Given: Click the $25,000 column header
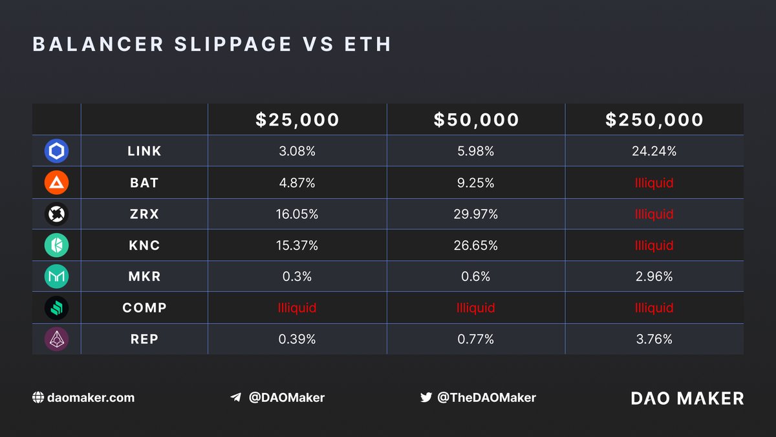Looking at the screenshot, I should (x=297, y=120).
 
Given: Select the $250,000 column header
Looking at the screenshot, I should (x=654, y=120).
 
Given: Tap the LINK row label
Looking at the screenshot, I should (x=144, y=151).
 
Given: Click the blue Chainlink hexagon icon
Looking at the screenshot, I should (x=56, y=151).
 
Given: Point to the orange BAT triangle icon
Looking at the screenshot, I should (x=56, y=183).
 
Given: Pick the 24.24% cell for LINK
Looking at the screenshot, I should (x=654, y=151).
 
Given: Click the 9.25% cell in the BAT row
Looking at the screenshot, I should (x=476, y=183).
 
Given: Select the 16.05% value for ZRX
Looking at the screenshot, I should (x=297, y=214).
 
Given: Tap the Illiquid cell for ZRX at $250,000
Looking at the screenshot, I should (x=654, y=214).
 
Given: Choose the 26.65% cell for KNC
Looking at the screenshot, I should (x=476, y=245).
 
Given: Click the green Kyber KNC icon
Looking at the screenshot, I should (x=56, y=245).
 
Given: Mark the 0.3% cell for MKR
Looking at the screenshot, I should (x=297, y=276).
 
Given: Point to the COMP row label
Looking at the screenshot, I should (x=144, y=308).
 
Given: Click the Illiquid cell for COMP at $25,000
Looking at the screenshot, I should (x=297, y=308).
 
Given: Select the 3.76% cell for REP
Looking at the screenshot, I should (x=654, y=339).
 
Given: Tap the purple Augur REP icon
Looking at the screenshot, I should (x=56, y=339).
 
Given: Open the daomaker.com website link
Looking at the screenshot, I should (x=91, y=398).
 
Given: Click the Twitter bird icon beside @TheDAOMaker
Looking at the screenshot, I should (x=426, y=398).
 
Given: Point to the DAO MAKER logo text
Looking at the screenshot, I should (x=687, y=398).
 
